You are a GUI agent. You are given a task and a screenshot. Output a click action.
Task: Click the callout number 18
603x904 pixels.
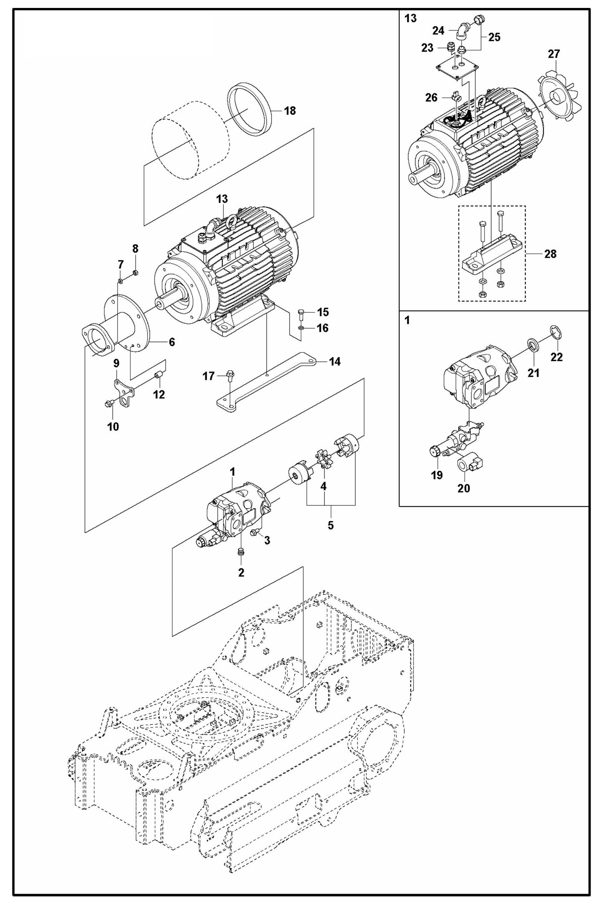point(290,110)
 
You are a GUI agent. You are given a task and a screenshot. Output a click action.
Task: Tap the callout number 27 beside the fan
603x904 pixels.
point(554,54)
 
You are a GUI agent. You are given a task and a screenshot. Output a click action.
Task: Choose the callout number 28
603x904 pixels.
point(550,254)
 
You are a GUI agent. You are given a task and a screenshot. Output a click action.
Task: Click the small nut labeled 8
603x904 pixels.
point(135,273)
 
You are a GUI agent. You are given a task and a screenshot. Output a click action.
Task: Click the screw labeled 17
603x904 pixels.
point(229,374)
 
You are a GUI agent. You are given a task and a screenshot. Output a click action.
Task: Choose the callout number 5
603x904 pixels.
point(331,525)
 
